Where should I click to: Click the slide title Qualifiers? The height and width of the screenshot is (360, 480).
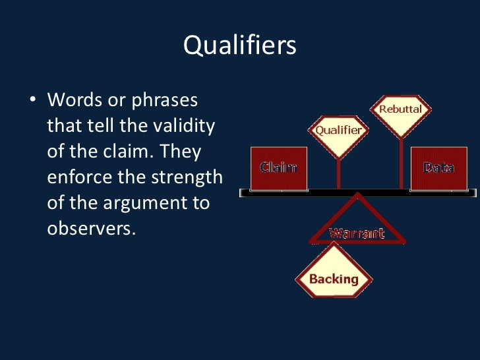[x=239, y=46]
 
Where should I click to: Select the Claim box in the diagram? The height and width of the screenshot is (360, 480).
[x=278, y=167]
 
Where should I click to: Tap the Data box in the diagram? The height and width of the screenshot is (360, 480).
[x=438, y=167]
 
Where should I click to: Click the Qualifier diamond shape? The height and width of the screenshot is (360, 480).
[x=338, y=131]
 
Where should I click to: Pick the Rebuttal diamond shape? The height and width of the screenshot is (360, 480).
[x=400, y=110]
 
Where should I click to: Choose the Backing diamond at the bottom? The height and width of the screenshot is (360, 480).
[x=334, y=278]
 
